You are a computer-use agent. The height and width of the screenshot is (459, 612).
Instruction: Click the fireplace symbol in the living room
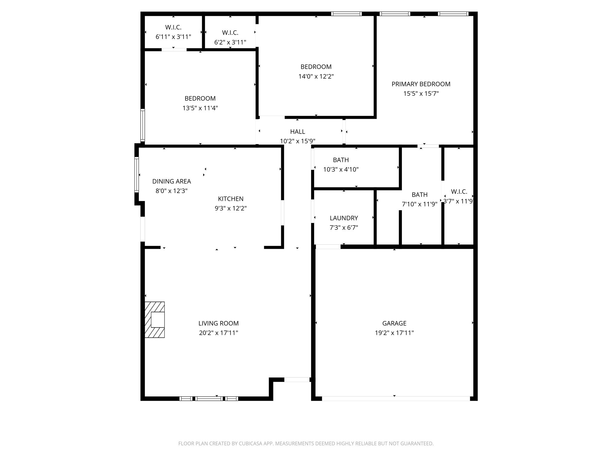[154, 320]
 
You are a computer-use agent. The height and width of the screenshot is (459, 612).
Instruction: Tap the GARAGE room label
[394, 323]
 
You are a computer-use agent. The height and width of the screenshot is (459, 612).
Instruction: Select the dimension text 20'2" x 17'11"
[218, 333]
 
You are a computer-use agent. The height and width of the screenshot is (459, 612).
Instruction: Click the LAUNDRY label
[344, 218]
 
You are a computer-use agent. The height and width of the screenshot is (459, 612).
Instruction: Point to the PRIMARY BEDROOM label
[421, 84]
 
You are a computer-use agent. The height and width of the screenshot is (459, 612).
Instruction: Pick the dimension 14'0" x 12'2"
[316, 76]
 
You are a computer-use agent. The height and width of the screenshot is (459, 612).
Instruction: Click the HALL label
[297, 132]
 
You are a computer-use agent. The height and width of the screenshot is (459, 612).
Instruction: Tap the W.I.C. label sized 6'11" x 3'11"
[173, 27]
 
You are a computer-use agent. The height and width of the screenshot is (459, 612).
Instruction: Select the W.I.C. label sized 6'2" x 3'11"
[230, 33]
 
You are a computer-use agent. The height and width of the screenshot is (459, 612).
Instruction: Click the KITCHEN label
[230, 199]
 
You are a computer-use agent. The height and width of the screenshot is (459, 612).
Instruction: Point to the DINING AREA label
[172, 181]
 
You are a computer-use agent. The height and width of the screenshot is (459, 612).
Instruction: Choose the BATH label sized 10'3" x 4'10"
[341, 160]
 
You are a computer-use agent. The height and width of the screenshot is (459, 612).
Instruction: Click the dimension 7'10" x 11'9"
[420, 204]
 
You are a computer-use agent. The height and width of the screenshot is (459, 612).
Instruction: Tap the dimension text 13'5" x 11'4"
[200, 108]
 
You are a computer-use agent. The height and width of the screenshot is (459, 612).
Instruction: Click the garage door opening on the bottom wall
[396, 398]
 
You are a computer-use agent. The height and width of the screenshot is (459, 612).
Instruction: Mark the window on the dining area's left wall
[137, 175]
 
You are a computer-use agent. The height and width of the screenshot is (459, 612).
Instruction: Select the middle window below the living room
[209, 398]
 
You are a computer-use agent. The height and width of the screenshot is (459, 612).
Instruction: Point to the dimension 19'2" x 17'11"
[394, 333]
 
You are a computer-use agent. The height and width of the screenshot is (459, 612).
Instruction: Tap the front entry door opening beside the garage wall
[297, 380]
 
